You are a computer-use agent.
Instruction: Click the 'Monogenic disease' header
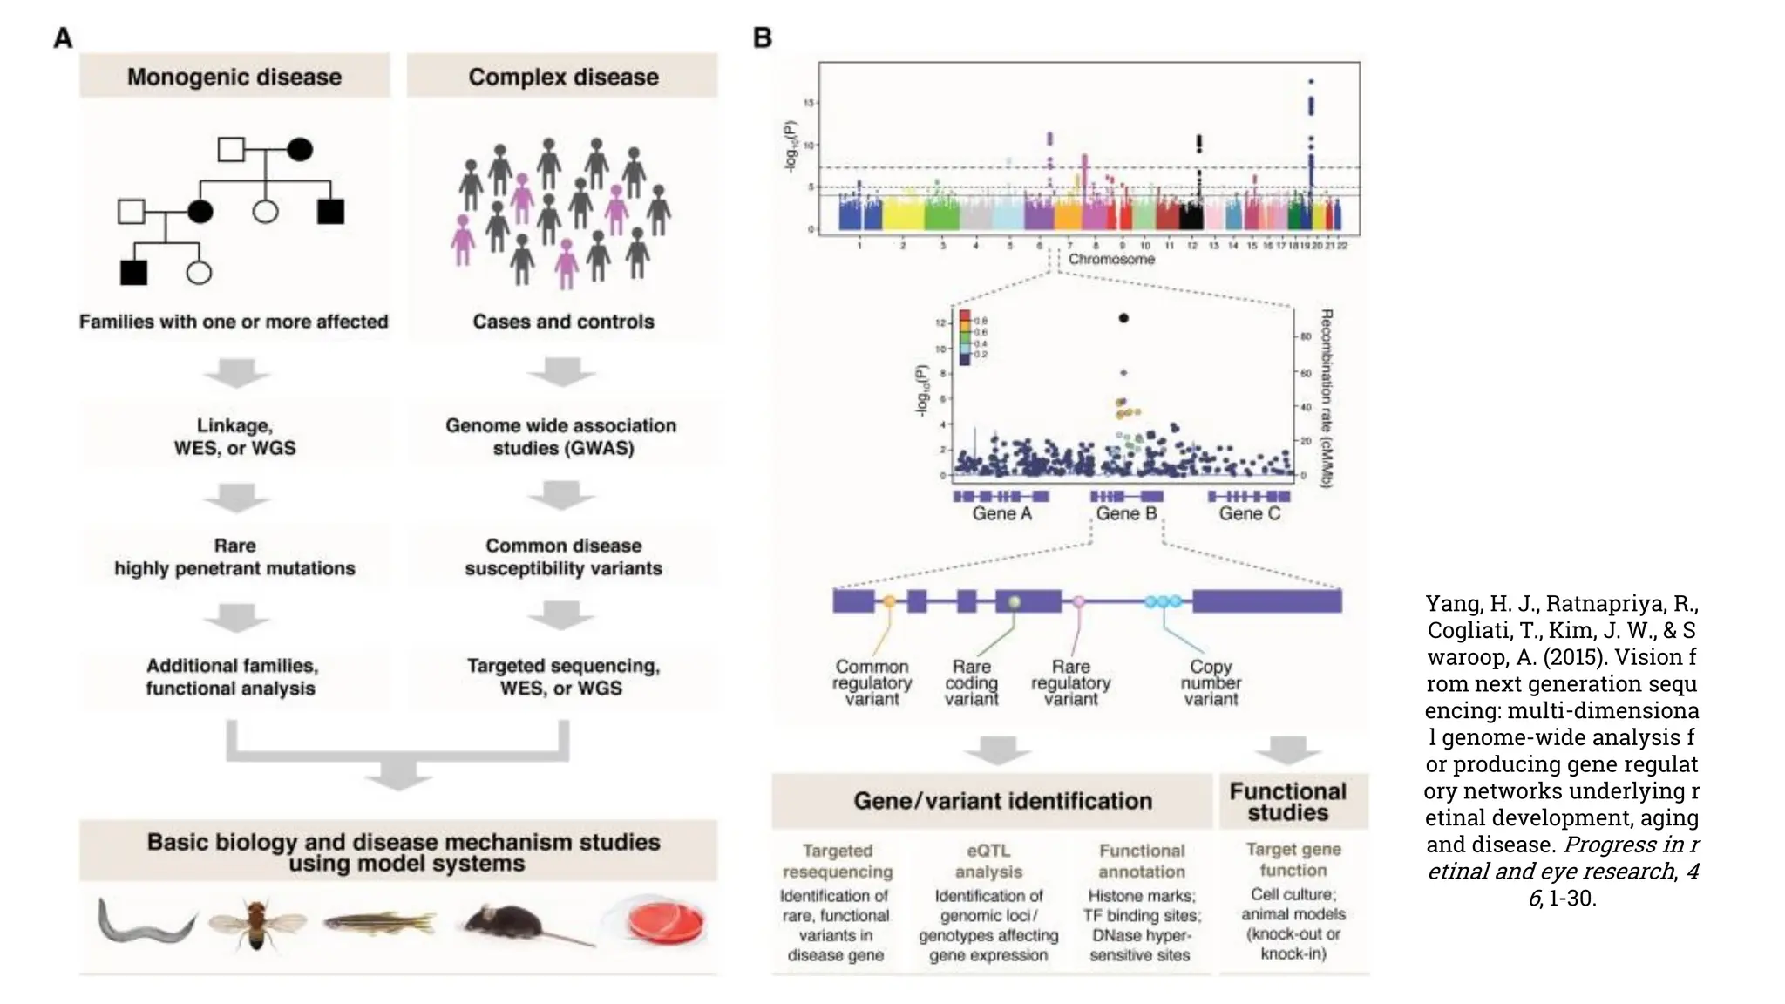pos(234,77)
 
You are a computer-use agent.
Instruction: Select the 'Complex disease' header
pos(563,77)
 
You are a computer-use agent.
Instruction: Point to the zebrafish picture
pos(380,922)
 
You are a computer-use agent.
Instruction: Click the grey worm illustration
pos(145,922)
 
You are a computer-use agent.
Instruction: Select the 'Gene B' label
pos(1126,513)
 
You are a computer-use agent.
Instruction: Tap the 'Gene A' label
pos(1001,513)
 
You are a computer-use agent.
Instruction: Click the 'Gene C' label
pos(1249,513)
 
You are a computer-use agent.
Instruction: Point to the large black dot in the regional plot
pos(1123,318)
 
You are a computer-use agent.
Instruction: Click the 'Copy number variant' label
pos(1211,682)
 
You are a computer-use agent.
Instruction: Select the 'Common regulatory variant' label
pos(872,682)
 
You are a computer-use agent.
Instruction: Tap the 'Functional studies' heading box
pos(1287,802)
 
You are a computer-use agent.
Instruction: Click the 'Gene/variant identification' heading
pos(1002,801)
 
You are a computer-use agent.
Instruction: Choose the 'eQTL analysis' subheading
pos(988,861)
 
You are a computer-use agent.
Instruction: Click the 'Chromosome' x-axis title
pos(1111,259)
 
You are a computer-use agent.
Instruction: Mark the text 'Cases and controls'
pos(563,322)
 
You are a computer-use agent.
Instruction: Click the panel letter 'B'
pos(762,38)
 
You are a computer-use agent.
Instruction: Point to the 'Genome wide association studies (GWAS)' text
pos(561,437)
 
